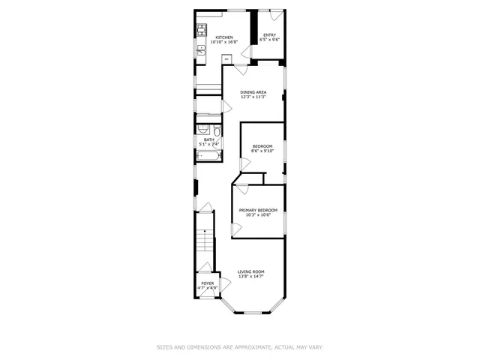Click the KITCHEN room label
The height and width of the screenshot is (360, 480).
click(x=223, y=37)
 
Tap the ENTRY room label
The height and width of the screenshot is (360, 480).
click(x=268, y=34)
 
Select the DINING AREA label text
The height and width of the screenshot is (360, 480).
click(x=253, y=92)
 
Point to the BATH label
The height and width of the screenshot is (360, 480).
click(x=208, y=139)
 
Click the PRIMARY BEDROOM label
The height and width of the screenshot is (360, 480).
click(x=258, y=210)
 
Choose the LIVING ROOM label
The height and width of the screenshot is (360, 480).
click(x=251, y=271)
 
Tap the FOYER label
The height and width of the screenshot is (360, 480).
click(x=207, y=283)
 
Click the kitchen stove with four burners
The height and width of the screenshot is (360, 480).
click(x=202, y=30)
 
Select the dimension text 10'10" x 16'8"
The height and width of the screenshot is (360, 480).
click(x=223, y=43)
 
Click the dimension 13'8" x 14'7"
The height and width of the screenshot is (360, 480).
click(x=251, y=277)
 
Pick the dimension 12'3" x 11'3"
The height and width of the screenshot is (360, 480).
click(x=253, y=97)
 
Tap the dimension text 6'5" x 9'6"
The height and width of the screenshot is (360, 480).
click(x=268, y=39)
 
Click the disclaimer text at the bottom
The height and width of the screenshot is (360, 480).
click(x=240, y=346)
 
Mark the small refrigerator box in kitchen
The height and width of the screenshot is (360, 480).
click(x=226, y=58)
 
